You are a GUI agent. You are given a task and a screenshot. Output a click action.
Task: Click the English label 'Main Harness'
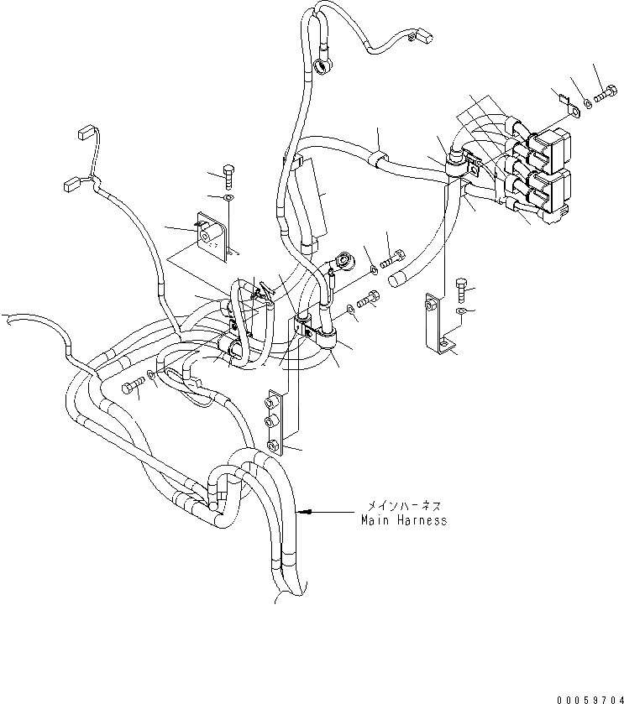(x=403, y=520)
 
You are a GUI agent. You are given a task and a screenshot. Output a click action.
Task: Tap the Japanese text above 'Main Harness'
(x=403, y=507)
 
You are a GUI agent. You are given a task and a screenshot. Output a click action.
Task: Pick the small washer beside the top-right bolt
(x=586, y=102)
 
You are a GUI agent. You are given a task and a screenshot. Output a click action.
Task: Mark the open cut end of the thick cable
(x=400, y=276)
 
